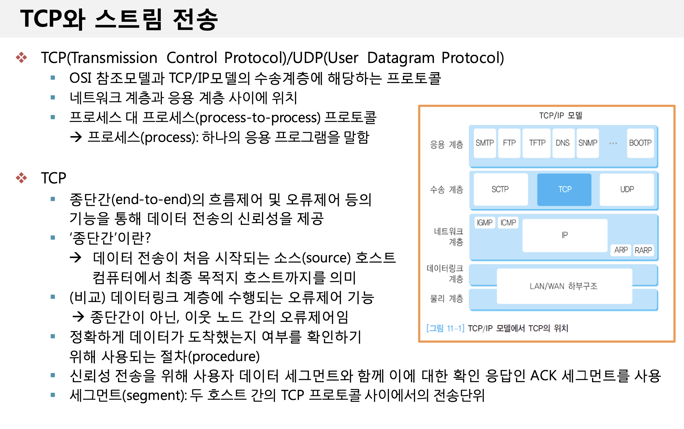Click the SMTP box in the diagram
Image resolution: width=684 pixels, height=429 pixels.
485,143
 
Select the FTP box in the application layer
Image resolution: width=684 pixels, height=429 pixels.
509,143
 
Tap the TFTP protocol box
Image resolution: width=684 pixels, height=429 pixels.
537,143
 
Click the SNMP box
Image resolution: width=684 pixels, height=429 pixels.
588,143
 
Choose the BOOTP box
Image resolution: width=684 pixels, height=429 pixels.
640,143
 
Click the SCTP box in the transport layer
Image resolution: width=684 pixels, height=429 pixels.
501,189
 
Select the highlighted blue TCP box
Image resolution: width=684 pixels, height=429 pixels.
564,189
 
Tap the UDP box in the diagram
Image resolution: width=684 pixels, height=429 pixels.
627,189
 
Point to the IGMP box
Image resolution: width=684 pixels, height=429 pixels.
485,223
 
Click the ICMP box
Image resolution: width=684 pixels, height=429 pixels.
508,223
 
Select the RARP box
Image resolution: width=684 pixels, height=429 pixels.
643,250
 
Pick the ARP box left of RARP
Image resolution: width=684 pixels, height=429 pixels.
621,250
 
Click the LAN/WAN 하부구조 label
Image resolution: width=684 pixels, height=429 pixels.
564,286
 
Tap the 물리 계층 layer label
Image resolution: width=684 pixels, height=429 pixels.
447,298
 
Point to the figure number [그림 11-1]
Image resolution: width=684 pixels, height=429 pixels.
445,328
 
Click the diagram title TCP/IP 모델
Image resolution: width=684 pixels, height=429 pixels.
561,116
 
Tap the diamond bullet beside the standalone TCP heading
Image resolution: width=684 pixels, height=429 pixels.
21,178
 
